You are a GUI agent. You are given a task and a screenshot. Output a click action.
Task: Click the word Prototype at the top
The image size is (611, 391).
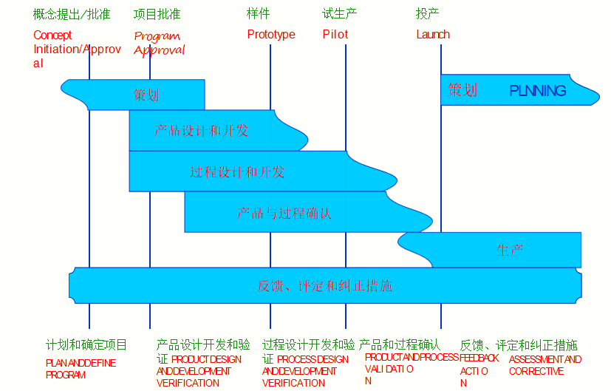271,34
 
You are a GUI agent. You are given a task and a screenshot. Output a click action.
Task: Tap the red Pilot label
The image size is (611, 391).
335,34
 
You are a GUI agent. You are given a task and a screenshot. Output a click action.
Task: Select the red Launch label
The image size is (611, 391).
433,34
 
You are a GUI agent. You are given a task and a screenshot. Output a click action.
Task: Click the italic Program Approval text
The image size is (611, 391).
159,44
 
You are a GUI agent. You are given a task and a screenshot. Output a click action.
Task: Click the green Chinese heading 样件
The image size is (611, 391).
259,14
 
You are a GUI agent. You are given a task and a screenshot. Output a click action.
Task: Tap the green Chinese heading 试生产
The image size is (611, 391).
341,14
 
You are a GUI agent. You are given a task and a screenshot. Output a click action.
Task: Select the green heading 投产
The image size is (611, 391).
427,14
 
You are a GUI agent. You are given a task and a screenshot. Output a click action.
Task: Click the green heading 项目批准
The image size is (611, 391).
157,14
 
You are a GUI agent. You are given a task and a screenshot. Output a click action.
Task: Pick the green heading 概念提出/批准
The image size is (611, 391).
72,14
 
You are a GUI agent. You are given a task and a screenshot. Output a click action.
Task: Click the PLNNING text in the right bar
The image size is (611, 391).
538,91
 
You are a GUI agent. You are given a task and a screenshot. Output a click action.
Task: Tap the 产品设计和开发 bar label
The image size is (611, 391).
202,131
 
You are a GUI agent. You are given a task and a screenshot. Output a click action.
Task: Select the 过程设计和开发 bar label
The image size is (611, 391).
237,172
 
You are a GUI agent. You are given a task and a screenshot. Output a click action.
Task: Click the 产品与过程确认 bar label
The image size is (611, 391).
284,214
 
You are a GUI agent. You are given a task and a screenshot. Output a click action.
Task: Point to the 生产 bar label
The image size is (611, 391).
511,251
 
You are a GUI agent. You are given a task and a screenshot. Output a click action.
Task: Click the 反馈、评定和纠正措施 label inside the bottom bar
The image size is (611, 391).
325,286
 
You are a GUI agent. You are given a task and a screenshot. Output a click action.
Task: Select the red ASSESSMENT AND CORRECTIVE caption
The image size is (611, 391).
545,365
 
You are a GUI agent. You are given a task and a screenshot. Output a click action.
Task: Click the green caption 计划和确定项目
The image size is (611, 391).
86,345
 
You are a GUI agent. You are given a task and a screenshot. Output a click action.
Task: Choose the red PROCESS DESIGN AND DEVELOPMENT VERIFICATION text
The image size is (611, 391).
304,371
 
